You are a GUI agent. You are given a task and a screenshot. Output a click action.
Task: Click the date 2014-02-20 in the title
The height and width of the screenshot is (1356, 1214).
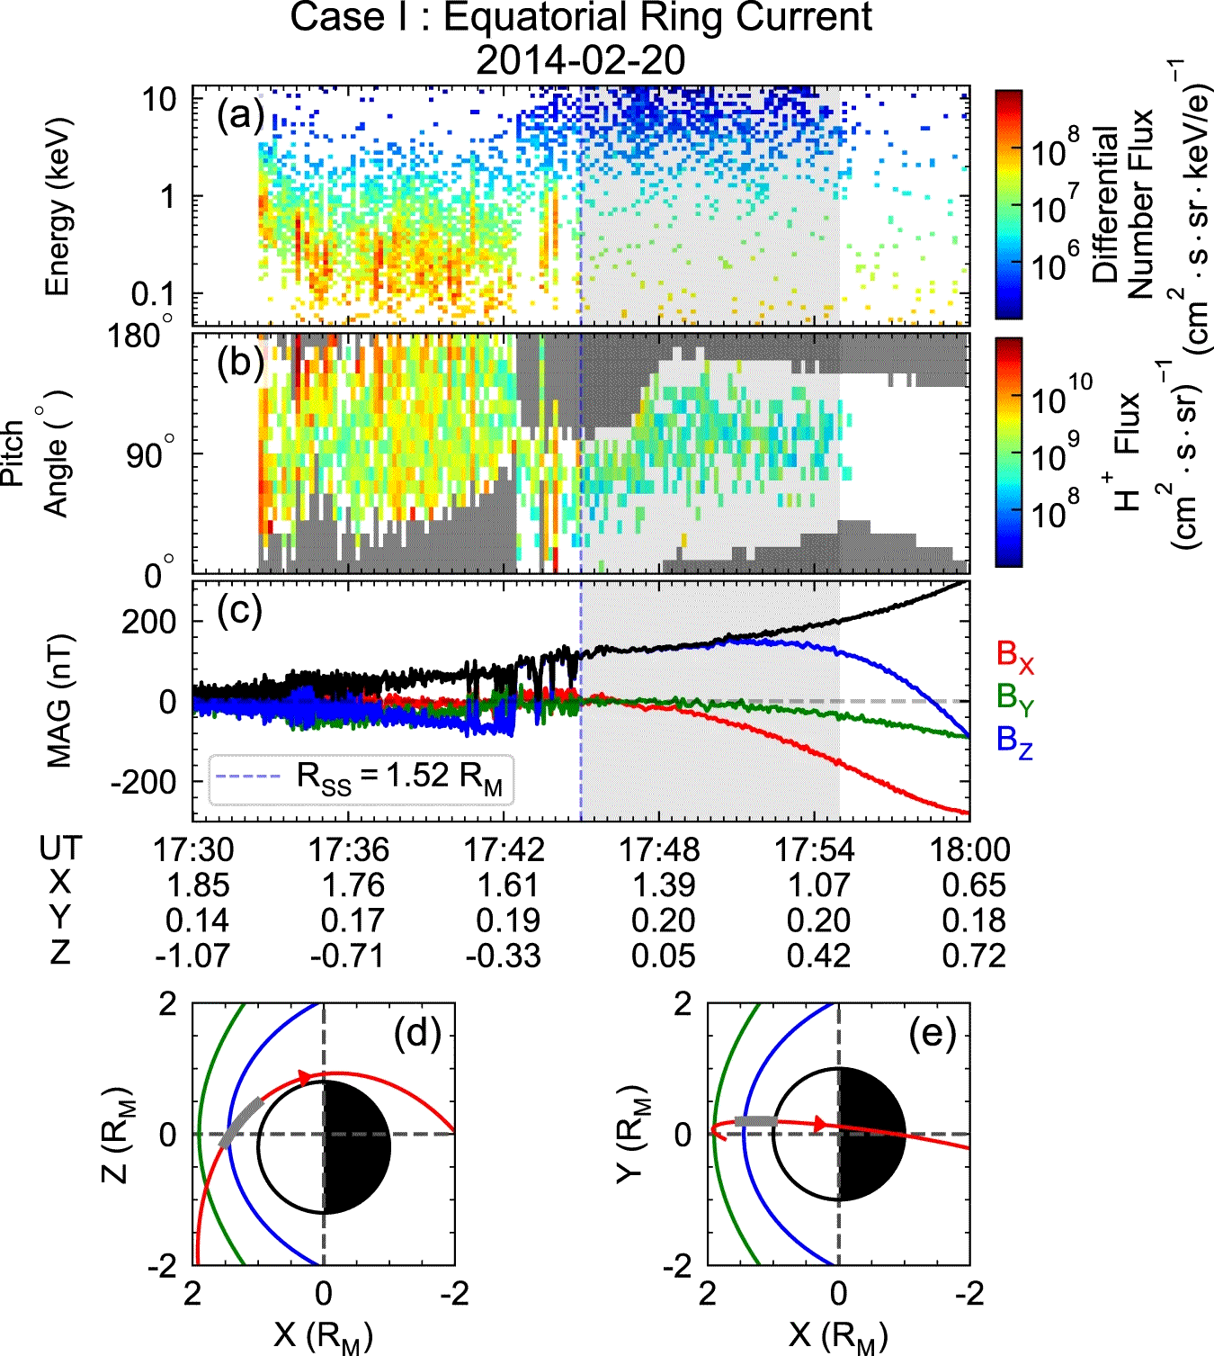click(580, 59)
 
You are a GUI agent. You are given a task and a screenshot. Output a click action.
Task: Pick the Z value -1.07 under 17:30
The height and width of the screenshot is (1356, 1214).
click(192, 956)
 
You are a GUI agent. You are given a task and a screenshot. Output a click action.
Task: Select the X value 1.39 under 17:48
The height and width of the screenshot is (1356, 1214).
click(664, 885)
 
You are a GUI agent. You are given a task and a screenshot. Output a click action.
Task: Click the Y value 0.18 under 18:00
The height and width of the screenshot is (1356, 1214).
click(974, 920)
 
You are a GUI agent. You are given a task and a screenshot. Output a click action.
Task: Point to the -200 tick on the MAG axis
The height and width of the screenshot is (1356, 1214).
click(144, 782)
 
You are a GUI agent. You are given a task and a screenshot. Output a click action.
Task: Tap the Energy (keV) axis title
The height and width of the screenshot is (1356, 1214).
click(58, 207)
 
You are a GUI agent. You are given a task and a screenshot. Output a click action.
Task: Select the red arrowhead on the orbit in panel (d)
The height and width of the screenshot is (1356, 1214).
click(305, 1076)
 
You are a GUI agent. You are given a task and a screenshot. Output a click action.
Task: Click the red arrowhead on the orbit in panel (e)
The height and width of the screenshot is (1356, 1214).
click(820, 1124)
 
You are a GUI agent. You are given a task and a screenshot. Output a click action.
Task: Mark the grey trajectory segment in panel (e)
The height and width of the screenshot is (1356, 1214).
click(755, 1120)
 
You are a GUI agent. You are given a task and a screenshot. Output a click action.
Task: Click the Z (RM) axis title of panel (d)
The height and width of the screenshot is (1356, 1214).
click(116, 1136)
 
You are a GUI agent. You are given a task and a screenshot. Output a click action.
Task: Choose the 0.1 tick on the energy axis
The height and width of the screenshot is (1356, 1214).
click(153, 293)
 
